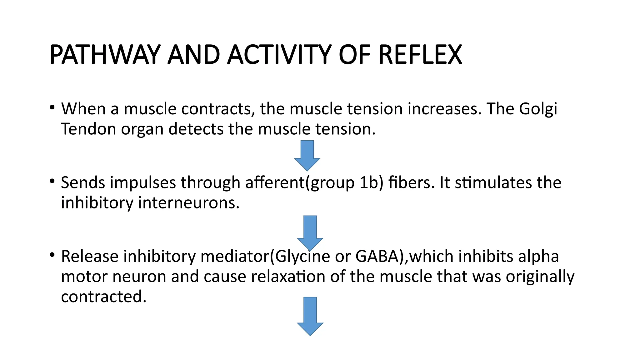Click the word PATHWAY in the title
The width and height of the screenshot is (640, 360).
pyautogui.click(x=105, y=55)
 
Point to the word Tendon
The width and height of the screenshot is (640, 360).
pyautogui.click(x=88, y=129)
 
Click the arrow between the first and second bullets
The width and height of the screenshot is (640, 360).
pyautogui.click(x=307, y=155)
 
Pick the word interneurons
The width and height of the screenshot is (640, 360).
pyautogui.click(x=189, y=203)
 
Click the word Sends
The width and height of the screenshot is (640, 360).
pyautogui.click(x=83, y=182)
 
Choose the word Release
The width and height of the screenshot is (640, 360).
pyautogui.click(x=90, y=256)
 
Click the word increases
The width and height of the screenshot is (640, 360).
pyautogui.click(x=445, y=109)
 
